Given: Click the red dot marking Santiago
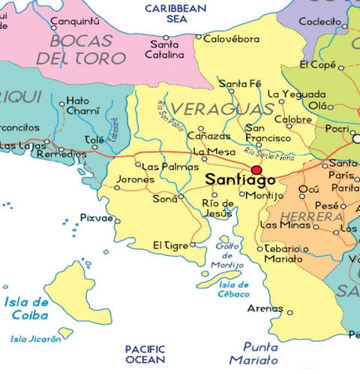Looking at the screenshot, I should (256, 170).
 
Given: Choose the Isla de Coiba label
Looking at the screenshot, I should (26, 309).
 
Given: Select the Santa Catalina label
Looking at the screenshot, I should (166, 50).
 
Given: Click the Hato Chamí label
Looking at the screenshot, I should (78, 105).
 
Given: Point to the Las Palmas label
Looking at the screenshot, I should (161, 166).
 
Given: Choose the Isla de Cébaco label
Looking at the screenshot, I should (234, 289).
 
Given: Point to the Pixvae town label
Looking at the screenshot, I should (95, 219).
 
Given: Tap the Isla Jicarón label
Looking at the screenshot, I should (36, 339).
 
